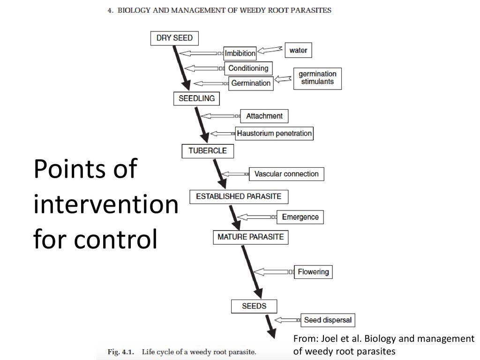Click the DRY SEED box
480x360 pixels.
coord(174,38)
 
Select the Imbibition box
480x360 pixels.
coord(240,53)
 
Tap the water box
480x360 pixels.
coord(298,50)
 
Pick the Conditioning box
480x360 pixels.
coord(248,68)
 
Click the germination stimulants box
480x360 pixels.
coord(317,78)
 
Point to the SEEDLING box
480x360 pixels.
coord(196,98)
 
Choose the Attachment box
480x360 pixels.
coord(264,116)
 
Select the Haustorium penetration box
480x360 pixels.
coord(274,133)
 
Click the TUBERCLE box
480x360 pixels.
coord(207,151)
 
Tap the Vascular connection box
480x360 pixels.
coord(286,174)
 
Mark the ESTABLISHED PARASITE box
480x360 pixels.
coord(239,196)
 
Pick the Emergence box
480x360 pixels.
coord(300,217)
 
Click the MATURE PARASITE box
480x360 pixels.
coord(250,237)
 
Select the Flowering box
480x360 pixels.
coord(313,271)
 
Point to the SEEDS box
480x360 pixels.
coord(254,306)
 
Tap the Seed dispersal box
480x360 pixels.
coord(327,320)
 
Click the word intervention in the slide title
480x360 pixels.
coord(105,204)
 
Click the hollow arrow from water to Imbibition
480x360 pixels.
coord(270,50)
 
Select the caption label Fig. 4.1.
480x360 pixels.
coord(122,352)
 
